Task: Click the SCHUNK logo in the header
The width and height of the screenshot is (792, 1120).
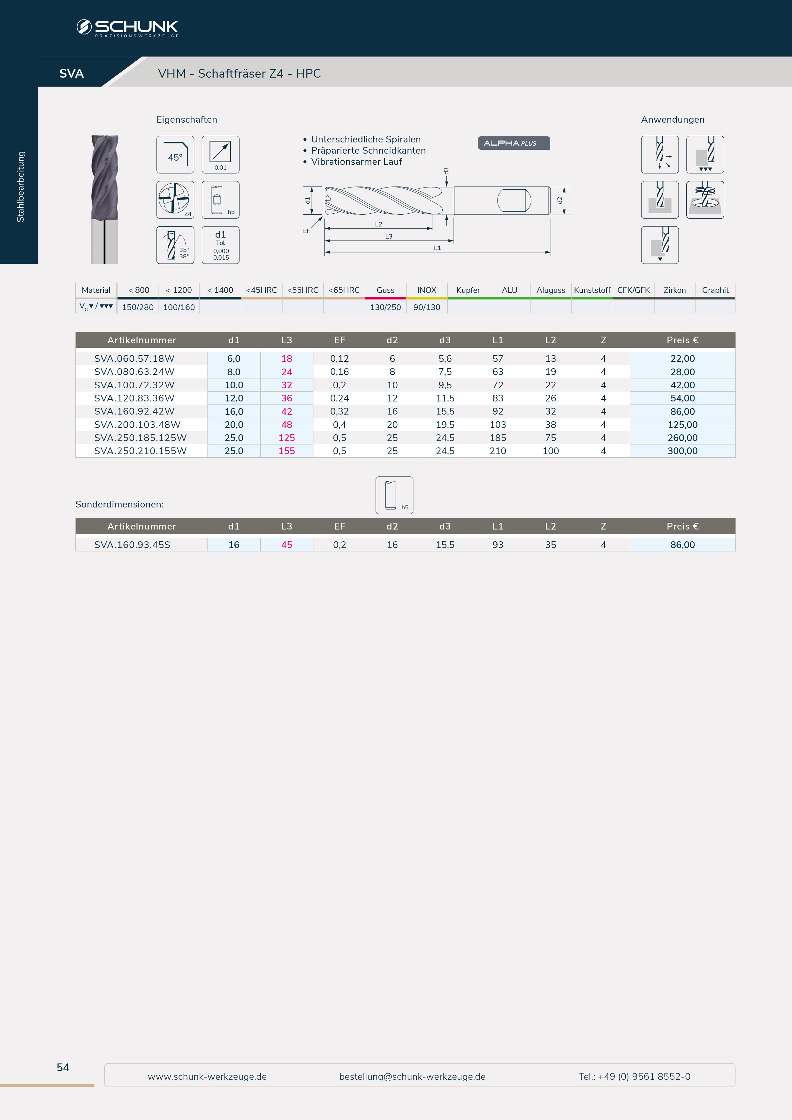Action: coord(127,28)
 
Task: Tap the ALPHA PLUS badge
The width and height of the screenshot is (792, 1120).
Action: coord(514,143)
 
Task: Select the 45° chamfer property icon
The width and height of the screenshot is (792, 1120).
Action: coord(175,155)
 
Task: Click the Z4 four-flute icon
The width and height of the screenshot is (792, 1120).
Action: coord(175,200)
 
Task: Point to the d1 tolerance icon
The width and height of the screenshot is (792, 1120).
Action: coord(220,245)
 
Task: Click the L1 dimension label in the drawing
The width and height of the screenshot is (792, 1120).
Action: coord(438,248)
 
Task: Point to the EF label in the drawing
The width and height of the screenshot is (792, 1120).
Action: coord(306,231)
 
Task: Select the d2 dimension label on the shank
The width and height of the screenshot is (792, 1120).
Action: coord(560,200)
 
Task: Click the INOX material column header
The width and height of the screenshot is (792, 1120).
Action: coord(427,290)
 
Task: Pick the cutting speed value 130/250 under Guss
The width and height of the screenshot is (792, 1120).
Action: coord(385,307)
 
